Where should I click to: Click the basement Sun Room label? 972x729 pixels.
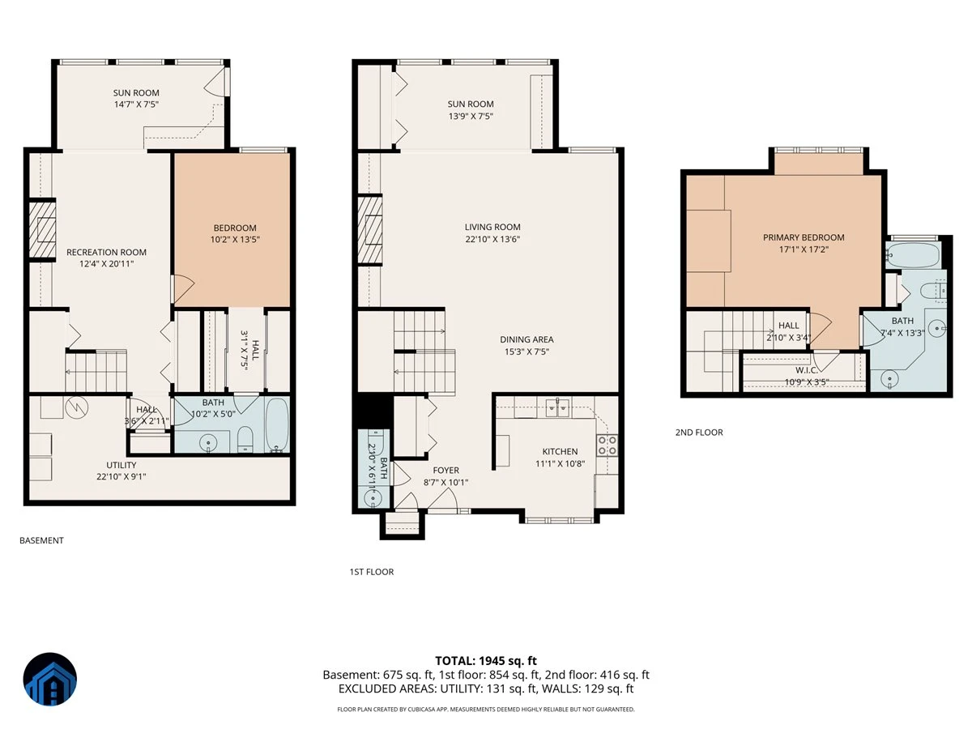tap(136, 93)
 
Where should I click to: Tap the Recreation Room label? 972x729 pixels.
tap(106, 252)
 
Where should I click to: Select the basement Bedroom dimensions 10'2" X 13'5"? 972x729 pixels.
tap(235, 240)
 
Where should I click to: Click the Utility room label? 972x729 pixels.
tap(121, 465)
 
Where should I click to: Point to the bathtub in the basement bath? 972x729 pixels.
tap(277, 425)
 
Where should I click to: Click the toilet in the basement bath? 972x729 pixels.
tap(245, 439)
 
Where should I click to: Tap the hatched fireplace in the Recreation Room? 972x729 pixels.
tap(42, 230)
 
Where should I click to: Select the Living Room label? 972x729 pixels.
tap(492, 227)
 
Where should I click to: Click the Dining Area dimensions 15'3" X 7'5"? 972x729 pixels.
tap(526, 352)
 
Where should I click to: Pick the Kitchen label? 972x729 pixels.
tap(560, 451)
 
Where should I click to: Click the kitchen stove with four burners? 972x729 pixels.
tap(607, 446)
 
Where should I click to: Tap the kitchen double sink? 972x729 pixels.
tap(557, 407)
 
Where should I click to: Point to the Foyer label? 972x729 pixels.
tap(446, 470)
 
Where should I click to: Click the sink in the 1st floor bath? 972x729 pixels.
tap(373, 498)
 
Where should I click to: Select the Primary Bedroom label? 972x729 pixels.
tap(804, 237)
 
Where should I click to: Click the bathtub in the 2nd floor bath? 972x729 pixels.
tap(913, 255)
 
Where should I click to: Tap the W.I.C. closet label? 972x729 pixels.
tap(807, 370)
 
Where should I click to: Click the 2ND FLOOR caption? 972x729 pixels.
tap(699, 433)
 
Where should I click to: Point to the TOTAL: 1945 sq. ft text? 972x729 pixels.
tap(486, 661)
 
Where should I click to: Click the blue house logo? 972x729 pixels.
tap(49, 679)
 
